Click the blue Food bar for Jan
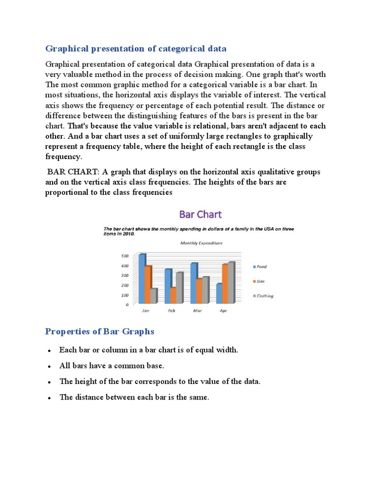(x=142, y=278)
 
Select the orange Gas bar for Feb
(x=173, y=295)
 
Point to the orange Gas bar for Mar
(x=199, y=290)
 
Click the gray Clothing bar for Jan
(x=153, y=295)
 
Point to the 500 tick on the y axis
(x=125, y=256)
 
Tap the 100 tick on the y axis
(x=125, y=295)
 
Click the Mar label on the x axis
(x=197, y=310)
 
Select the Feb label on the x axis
(x=171, y=310)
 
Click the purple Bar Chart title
(x=201, y=214)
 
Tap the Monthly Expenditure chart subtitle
(x=201, y=243)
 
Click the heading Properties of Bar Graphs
(x=99, y=331)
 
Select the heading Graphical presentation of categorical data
(x=136, y=48)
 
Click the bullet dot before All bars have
(x=50, y=366)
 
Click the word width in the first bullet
(x=227, y=350)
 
